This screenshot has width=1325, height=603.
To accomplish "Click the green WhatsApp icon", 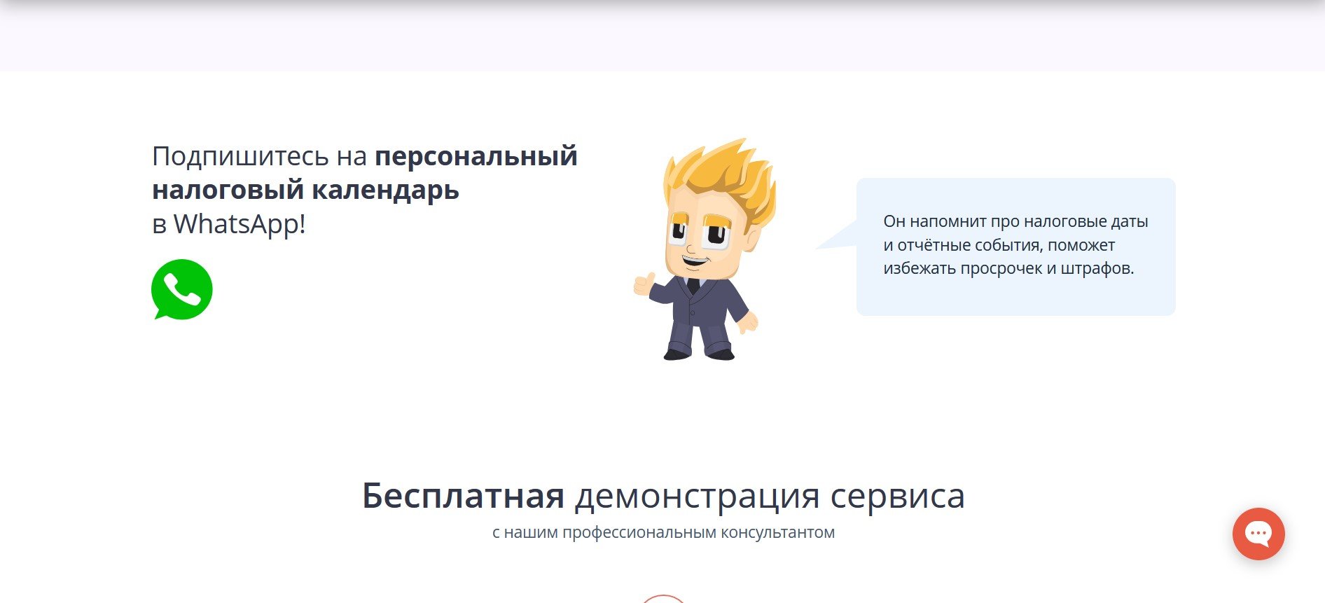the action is [x=181, y=289].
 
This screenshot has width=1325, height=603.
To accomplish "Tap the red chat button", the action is [x=1258, y=534].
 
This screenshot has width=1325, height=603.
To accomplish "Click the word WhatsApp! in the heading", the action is [x=240, y=224].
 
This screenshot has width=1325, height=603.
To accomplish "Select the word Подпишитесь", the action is [x=240, y=157].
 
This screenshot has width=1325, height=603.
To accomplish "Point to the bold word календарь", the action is [x=385, y=190].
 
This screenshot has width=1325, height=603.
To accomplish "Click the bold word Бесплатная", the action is [x=463, y=495].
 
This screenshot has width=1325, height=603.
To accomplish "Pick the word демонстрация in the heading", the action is [x=698, y=497].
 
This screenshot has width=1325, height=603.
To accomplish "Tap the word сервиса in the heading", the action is [x=898, y=497].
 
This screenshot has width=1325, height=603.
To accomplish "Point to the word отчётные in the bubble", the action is [x=934, y=245].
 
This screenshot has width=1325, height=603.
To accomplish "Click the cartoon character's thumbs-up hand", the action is [x=644, y=284].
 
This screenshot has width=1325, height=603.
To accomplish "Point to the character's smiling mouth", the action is [x=695, y=261].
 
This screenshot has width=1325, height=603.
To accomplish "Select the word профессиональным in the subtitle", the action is [x=639, y=532].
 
